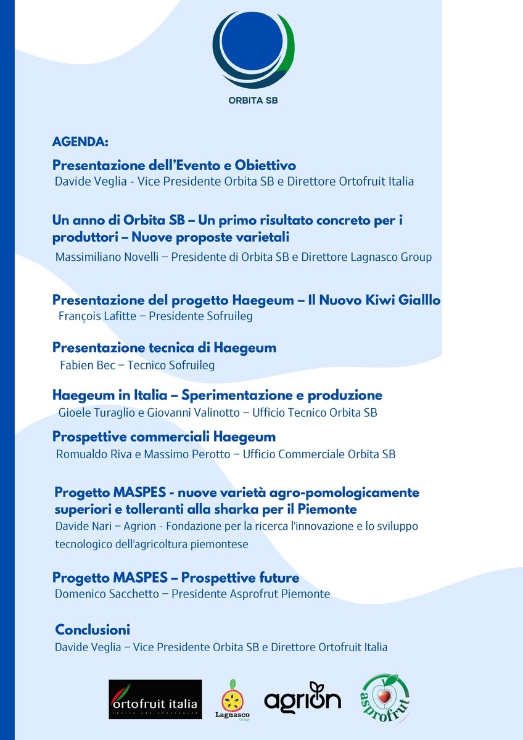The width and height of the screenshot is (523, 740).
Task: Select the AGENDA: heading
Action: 80,142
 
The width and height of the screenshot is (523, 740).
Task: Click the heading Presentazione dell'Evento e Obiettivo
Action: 174,166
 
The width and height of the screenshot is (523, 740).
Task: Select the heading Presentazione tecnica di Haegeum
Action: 164,348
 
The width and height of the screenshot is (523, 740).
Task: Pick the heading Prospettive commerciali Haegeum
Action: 164,437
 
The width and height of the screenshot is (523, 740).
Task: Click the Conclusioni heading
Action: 93,630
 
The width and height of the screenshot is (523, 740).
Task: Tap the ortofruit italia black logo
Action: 155,699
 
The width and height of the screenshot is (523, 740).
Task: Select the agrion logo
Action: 302,699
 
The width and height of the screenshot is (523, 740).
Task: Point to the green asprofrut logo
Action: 385,699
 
